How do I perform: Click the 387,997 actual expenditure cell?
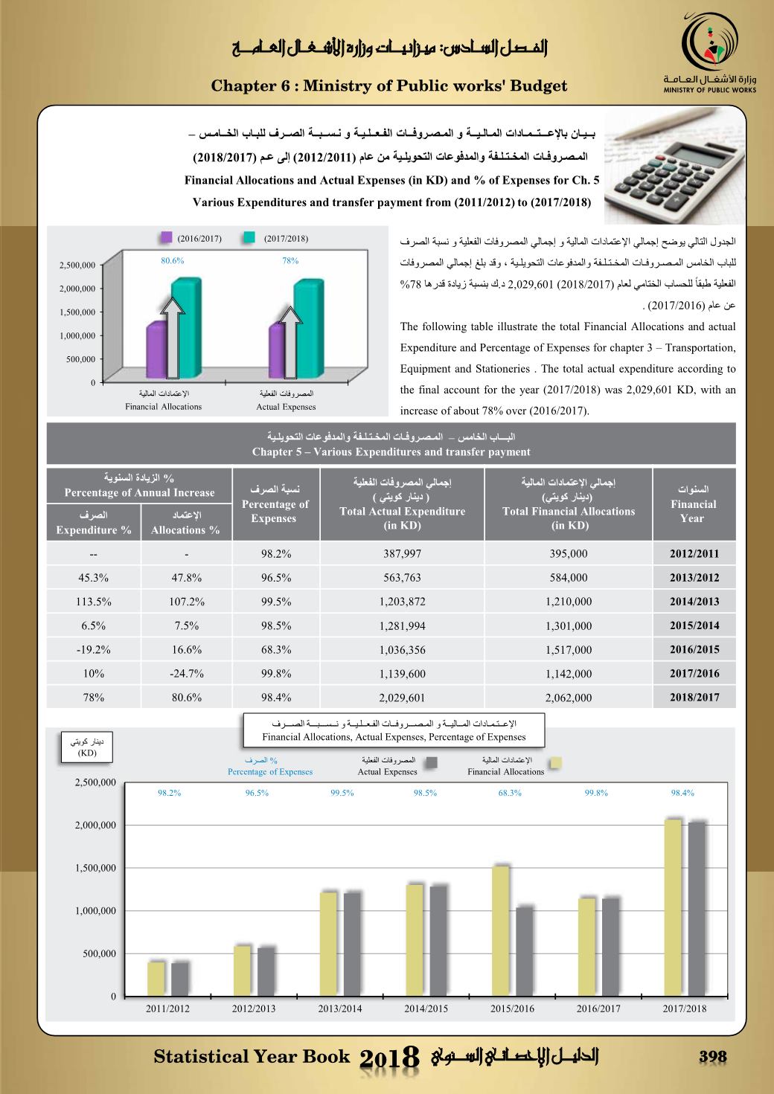click(x=402, y=553)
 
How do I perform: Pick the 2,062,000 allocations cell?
click(x=569, y=698)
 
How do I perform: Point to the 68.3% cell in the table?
click(x=275, y=649)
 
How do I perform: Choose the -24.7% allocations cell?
click(x=186, y=674)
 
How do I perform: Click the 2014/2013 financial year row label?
click(x=694, y=602)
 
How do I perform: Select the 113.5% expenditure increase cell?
click(x=94, y=602)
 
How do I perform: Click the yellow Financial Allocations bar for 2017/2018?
click(x=673, y=907)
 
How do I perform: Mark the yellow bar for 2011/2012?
click(x=156, y=978)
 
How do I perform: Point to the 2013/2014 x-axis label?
click(x=340, y=1009)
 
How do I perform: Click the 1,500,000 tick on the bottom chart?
click(x=95, y=868)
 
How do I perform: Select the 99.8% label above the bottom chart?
click(x=596, y=793)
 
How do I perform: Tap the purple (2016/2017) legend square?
click(x=166, y=238)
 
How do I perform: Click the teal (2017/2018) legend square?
click(x=250, y=238)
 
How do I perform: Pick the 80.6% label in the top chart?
click(x=173, y=261)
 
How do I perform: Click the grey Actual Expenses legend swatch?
click(x=430, y=762)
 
